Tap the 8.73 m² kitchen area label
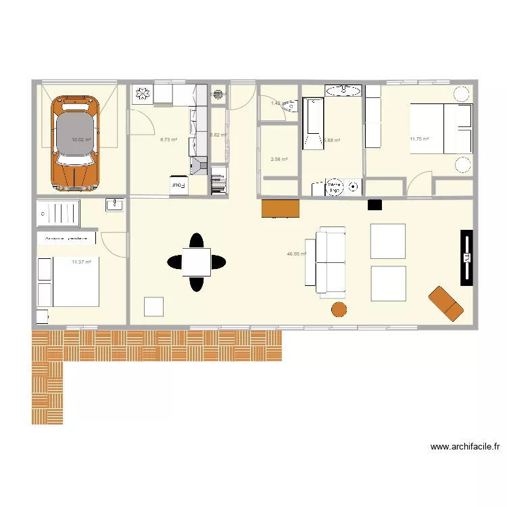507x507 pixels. point(168,140)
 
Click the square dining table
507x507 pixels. point(196,262)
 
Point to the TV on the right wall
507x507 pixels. point(466,258)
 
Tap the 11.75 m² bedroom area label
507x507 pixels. point(419,140)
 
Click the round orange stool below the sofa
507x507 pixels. point(339,309)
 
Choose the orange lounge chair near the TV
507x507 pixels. point(445,304)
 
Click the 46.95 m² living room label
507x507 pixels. point(296,255)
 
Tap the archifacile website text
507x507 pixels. point(464,447)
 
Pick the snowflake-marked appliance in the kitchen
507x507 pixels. point(143,95)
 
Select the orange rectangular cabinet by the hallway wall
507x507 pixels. point(280,208)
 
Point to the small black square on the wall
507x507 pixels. point(375,203)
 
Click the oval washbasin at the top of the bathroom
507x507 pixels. point(343,90)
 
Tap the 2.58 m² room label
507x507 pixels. point(279,160)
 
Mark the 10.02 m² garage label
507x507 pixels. point(81,140)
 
